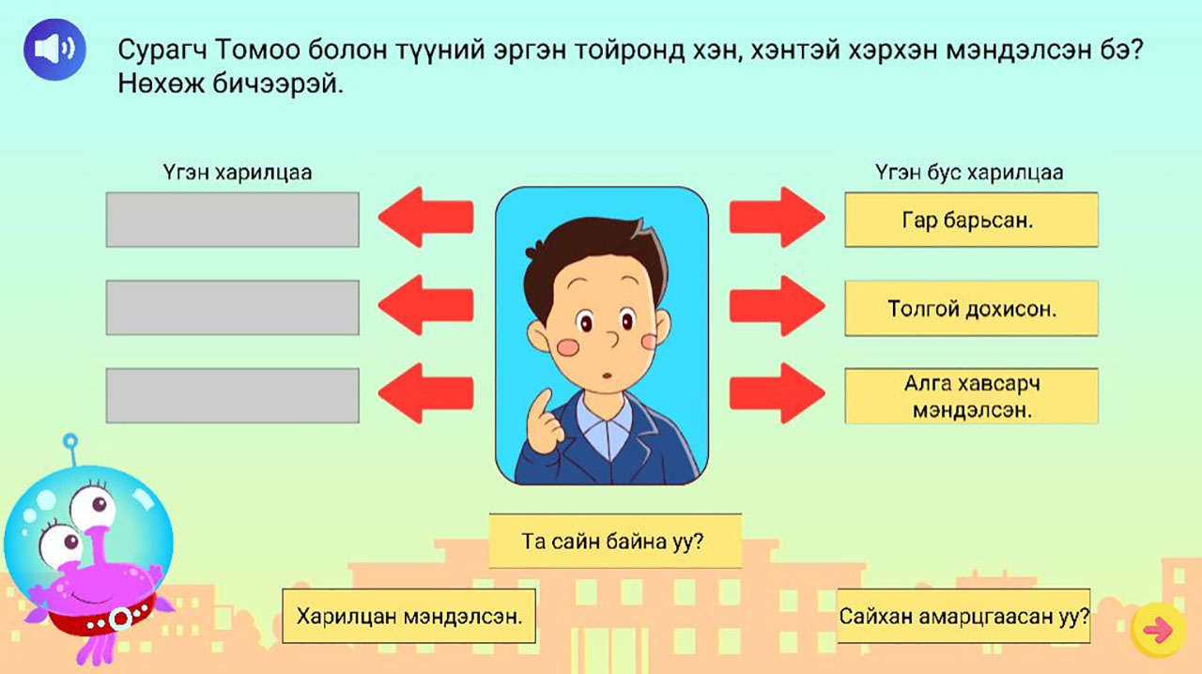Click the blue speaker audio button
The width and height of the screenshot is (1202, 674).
click(54, 50)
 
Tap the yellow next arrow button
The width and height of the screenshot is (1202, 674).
click(1159, 630)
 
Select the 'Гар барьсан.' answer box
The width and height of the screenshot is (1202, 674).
click(971, 220)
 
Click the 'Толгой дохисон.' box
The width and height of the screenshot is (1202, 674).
click(971, 308)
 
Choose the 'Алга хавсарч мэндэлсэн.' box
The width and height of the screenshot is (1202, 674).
click(971, 396)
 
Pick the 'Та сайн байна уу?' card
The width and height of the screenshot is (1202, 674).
click(615, 541)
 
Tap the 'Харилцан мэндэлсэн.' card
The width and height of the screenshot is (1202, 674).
click(408, 616)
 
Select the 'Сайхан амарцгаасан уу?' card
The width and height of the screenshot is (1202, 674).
click(963, 616)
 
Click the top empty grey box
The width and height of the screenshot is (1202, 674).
click(232, 220)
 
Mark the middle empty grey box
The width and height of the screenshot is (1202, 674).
click(232, 308)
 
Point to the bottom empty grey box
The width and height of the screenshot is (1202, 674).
click(232, 396)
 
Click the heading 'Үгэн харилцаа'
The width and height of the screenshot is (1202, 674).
click(238, 173)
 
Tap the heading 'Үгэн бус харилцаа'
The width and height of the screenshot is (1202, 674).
click(969, 173)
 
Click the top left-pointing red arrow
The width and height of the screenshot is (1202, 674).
click(425, 218)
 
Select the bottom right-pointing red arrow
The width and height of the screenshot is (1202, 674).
click(777, 393)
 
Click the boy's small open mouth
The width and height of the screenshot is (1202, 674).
click(607, 375)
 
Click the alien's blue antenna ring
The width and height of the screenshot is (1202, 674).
click(70, 441)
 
